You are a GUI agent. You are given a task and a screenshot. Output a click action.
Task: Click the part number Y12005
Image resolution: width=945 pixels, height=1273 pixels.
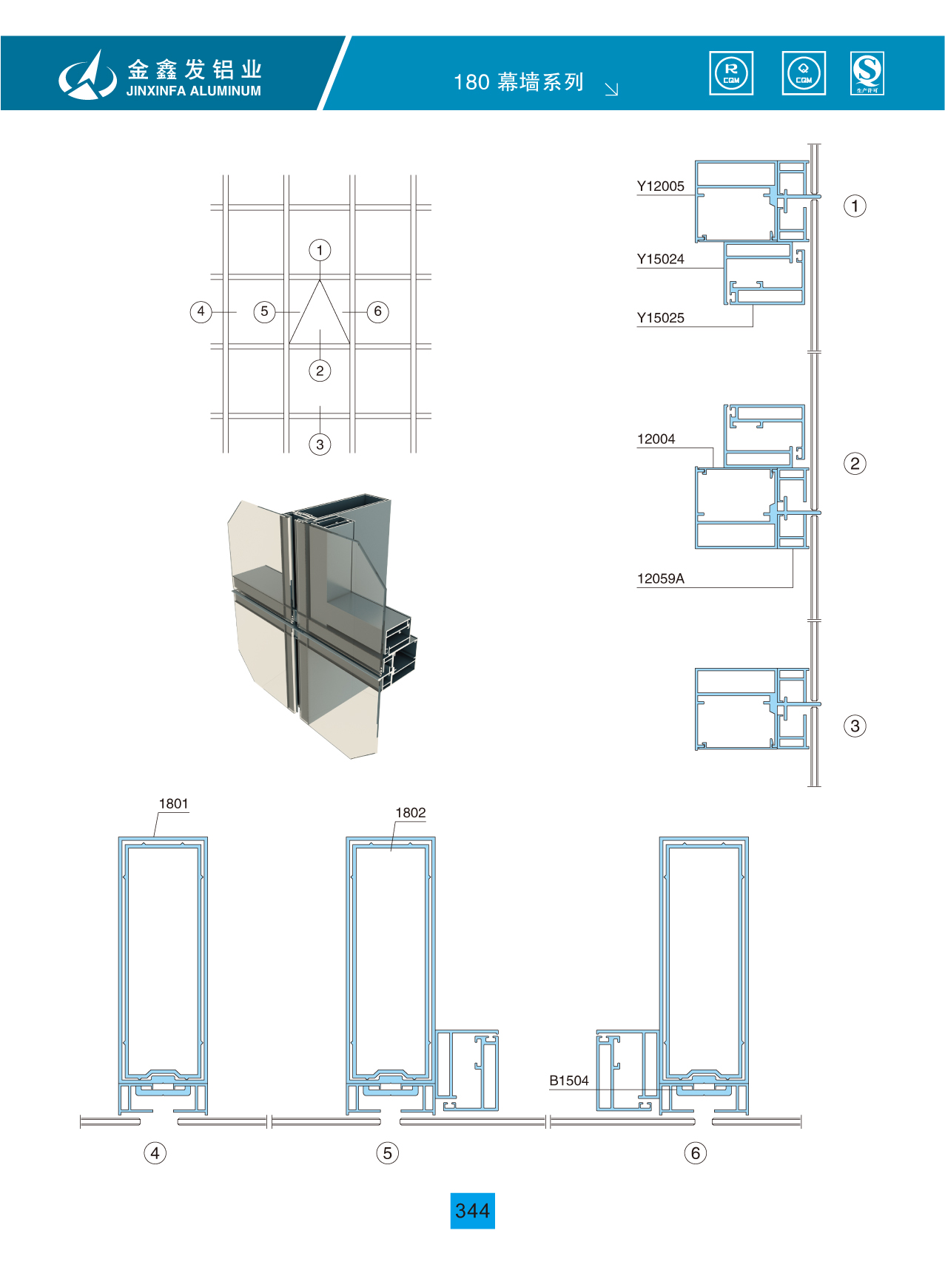660,186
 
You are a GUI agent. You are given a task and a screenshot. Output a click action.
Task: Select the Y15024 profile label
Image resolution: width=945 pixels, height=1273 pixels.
660,259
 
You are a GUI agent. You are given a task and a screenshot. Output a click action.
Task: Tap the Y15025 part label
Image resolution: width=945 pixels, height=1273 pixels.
660,318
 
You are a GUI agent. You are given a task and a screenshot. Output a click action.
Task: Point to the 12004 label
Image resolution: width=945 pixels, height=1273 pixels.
656,439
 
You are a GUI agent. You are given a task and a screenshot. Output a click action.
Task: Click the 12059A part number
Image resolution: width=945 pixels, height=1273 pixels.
660,578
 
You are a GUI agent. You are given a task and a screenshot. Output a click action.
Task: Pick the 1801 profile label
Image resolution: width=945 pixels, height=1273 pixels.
173,804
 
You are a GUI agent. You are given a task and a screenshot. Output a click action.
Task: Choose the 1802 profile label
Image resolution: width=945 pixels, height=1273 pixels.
410,813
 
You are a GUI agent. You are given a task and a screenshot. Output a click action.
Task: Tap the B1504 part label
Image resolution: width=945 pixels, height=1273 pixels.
568,1081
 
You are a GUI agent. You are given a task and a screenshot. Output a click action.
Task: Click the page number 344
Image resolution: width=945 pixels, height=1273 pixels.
472,1211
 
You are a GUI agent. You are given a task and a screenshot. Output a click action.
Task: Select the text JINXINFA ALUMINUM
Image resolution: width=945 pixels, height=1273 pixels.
193,91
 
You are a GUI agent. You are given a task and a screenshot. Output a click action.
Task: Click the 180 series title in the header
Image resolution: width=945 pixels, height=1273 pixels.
519,81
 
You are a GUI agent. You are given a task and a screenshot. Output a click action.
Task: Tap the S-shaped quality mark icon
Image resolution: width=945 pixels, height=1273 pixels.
867,73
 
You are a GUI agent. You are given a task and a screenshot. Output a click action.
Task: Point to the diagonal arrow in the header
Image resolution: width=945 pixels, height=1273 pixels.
611,90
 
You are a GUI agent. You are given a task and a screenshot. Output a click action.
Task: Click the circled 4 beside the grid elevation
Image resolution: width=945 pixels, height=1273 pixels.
201,311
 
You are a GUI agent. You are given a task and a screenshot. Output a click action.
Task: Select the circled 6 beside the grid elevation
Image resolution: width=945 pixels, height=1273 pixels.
377,311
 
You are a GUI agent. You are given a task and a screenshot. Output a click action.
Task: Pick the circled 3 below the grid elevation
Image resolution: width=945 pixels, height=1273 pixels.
320,445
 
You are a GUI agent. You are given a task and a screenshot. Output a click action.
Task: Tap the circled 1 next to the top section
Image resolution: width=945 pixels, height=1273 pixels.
855,206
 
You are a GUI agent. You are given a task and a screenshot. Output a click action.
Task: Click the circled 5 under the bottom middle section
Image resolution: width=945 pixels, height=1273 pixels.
387,1153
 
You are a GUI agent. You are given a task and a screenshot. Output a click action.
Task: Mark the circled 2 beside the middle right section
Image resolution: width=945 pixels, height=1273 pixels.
855,464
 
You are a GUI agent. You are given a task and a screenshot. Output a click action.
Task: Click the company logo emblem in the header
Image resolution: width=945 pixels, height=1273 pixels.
87,75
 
